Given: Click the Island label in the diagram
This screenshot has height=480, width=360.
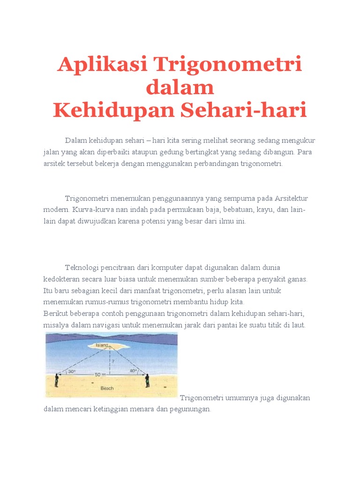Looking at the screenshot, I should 102,345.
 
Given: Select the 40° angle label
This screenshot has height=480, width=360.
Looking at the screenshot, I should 133,371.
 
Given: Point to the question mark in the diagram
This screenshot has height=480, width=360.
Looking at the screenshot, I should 113,361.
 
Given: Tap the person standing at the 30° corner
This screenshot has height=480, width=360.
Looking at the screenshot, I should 57,380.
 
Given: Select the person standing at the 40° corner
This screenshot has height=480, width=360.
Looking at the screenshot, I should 147,380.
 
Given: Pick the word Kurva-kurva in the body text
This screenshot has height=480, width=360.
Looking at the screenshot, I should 90,210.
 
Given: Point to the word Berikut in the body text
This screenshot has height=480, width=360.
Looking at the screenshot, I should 55,313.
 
